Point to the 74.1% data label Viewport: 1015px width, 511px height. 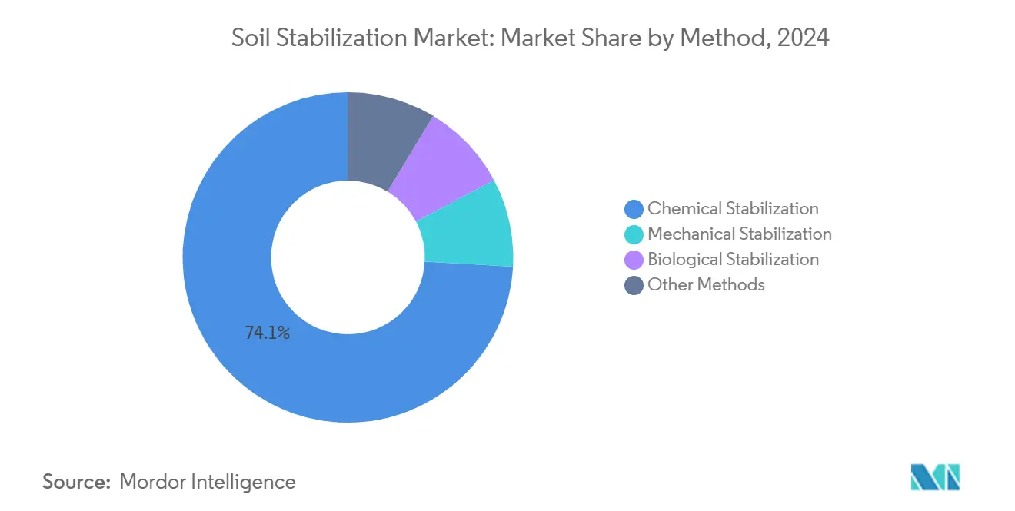[267, 333]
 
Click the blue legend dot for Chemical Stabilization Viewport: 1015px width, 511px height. [634, 209]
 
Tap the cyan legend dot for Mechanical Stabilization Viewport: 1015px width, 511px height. [634, 234]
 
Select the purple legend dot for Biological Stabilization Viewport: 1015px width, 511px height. [634, 260]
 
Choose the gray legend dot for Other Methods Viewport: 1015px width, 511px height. [634, 285]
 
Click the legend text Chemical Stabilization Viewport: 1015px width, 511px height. [733, 209]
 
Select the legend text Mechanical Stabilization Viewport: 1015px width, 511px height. [739, 234]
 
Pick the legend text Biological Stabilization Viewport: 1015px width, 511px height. [733, 260]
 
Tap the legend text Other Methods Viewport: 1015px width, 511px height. [706, 285]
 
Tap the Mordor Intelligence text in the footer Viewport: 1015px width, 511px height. [208, 482]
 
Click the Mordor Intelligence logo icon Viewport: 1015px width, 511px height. [935, 477]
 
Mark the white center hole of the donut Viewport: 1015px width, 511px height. [348, 257]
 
